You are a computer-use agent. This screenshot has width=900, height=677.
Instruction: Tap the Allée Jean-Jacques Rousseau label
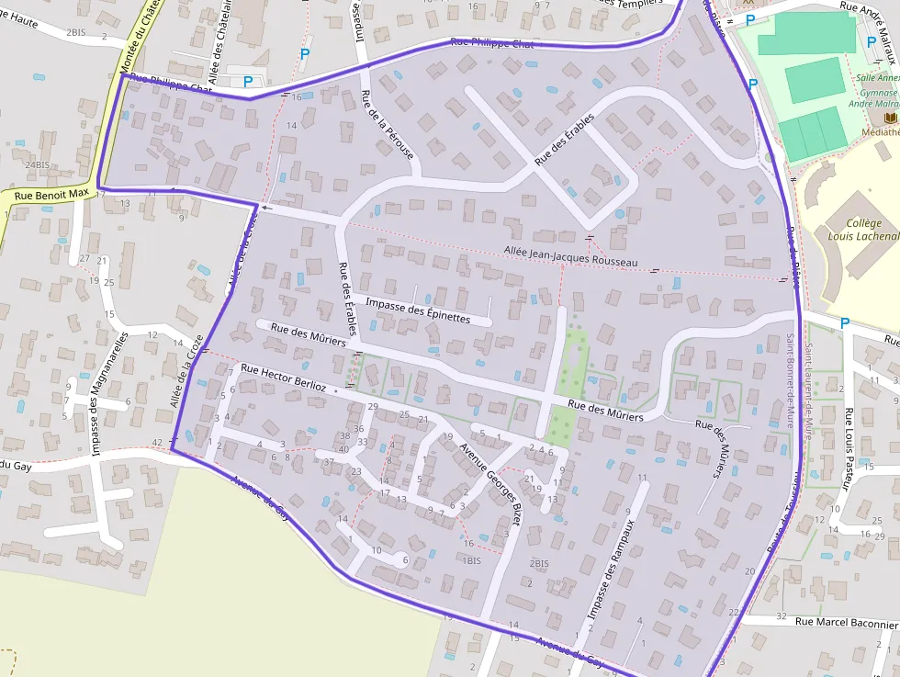(569, 256)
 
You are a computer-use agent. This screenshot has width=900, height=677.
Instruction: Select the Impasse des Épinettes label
(417, 310)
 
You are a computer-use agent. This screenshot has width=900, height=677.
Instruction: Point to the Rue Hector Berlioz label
(283, 378)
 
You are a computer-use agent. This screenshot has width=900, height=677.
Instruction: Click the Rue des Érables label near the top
(564, 140)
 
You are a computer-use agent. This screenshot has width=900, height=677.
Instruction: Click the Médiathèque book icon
(889, 118)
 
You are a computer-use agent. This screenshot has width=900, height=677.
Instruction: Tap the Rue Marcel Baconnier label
(846, 623)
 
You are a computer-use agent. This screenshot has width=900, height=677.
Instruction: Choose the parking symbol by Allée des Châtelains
(248, 82)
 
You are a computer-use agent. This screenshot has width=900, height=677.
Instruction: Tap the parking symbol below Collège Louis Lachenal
(845, 322)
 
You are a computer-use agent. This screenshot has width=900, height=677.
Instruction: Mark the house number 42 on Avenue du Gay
(157, 443)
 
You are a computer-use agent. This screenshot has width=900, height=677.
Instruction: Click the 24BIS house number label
(37, 164)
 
